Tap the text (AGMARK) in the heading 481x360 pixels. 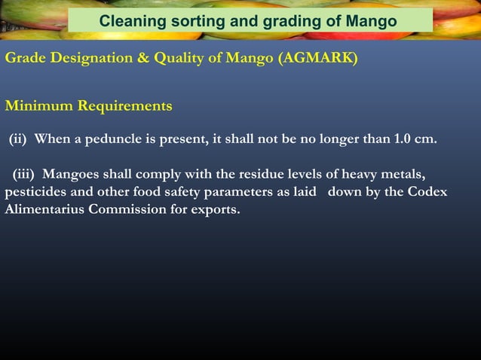[x=317, y=59]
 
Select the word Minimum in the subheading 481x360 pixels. [x=37, y=106]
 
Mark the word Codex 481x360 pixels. [x=427, y=192]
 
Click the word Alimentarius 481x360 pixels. [x=44, y=209]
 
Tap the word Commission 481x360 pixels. [x=125, y=209]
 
